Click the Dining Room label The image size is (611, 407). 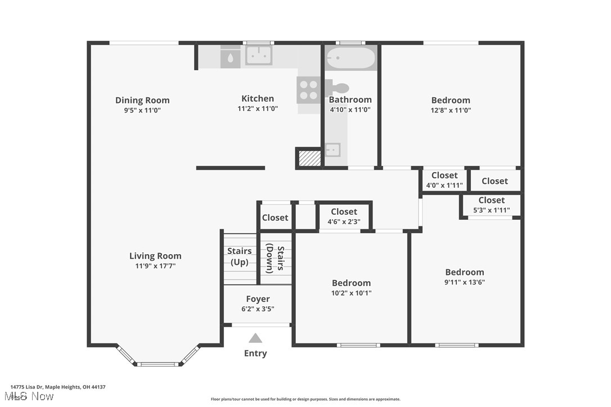click(x=142, y=100)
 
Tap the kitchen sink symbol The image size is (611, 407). click(x=258, y=55)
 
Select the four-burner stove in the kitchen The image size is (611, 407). click(x=308, y=89)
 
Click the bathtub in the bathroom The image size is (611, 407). click(x=351, y=58)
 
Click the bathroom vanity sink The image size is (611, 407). click(x=333, y=150)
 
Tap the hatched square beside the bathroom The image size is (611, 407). click(x=309, y=158)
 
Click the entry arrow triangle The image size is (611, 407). click(x=255, y=338)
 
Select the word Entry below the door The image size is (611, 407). click(x=255, y=353)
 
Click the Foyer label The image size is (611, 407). click(x=258, y=299)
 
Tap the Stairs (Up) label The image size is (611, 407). click(x=240, y=256)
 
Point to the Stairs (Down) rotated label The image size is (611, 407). click(x=275, y=257)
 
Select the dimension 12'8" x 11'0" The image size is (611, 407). click(x=451, y=110)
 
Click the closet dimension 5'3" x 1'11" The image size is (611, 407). click(x=491, y=210)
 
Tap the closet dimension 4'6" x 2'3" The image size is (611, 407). click(x=344, y=221)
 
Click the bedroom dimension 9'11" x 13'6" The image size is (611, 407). click(x=464, y=282)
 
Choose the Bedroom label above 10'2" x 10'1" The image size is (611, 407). click(x=351, y=283)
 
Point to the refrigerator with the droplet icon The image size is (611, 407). click(x=230, y=57)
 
